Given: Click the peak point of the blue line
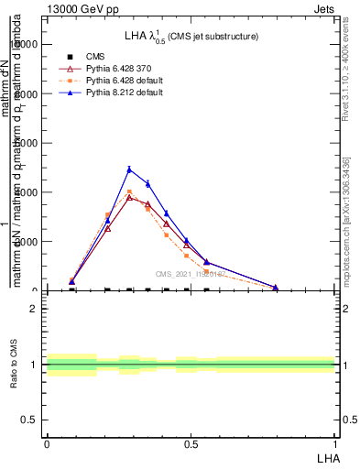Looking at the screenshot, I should point(129,169).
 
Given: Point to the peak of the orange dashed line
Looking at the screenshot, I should point(129,192).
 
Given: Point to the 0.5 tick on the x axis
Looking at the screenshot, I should point(191,443).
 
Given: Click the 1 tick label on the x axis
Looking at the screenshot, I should point(335,443).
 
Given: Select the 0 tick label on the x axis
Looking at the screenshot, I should point(47,443).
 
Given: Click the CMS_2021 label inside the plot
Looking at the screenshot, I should point(191,273).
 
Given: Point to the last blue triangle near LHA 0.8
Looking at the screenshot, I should point(275,287).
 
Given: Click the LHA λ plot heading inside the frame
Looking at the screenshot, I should point(191,36).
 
